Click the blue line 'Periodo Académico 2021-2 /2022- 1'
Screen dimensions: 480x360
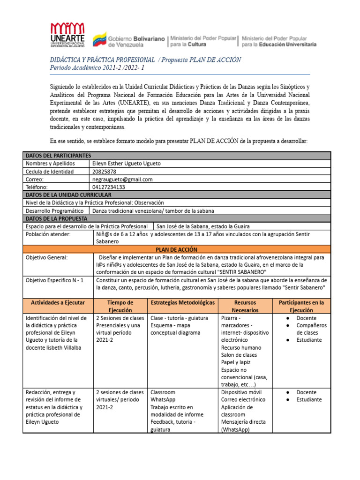pyautogui.click(x=97, y=68)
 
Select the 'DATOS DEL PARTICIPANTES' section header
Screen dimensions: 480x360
pyautogui.click(x=58, y=156)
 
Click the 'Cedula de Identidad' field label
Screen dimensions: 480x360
pyautogui.click(x=49, y=172)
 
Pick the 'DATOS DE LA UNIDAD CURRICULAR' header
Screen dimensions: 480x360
pyautogui.click(x=68, y=195)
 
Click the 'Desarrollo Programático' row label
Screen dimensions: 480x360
pyautogui.click(x=54, y=210)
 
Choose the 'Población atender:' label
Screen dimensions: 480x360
pyautogui.click(x=48, y=234)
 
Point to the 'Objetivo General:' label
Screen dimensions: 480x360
pyautogui.click(x=47, y=257)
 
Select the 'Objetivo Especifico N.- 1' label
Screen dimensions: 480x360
pyautogui.click(x=54, y=280)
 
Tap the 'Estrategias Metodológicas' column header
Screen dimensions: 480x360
pyautogui.click(x=182, y=303)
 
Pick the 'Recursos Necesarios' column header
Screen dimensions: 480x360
pyautogui.click(x=245, y=307)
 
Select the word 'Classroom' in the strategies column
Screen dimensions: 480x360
pyautogui.click(x=163, y=392)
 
